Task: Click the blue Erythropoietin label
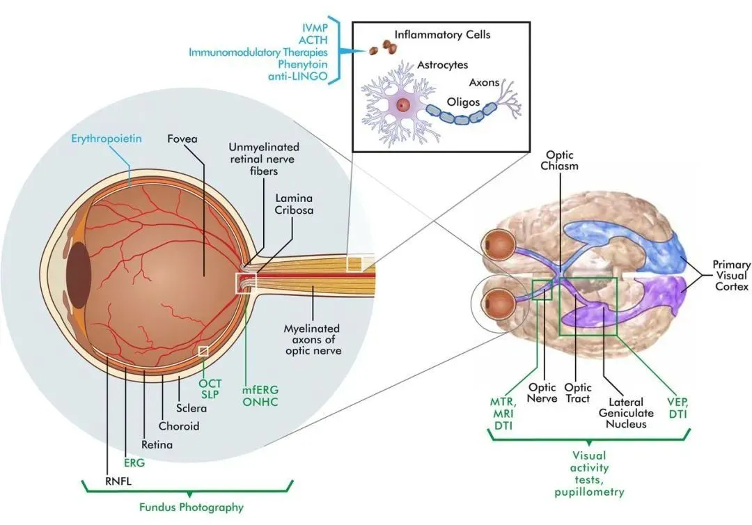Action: point(106,139)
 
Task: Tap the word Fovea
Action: point(182,139)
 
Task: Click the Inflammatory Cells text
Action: point(441,33)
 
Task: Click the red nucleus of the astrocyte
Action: point(402,105)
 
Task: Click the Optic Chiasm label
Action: point(562,160)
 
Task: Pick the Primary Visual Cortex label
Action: point(731,276)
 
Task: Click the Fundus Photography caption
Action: point(190,507)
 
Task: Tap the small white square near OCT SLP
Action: point(203,351)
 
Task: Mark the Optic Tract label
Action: point(577,393)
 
